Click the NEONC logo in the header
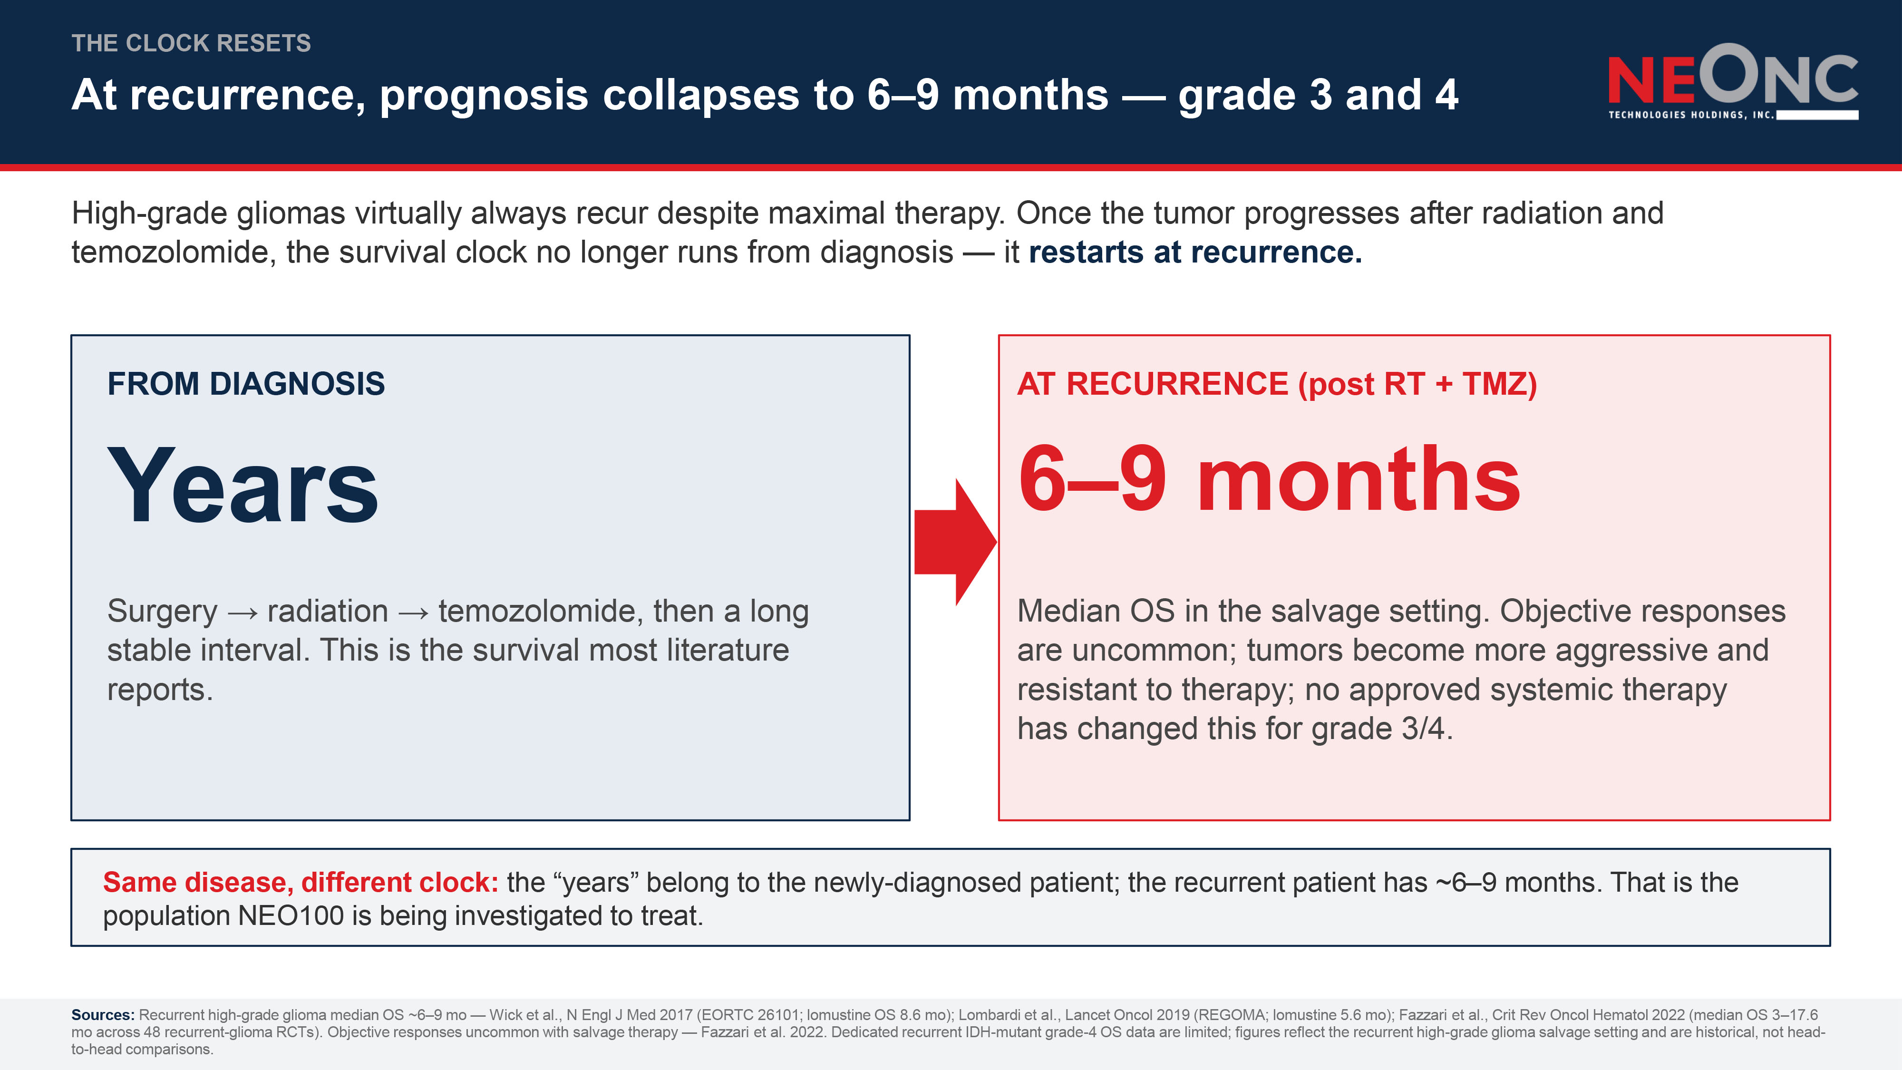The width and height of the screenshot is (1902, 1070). coord(1733,81)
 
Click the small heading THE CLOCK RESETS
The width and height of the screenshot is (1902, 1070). coord(191,43)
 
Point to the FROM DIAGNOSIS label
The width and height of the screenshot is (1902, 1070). coord(246,384)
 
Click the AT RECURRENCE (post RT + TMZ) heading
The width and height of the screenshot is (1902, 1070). coord(1277,384)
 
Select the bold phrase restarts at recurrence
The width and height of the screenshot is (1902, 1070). coord(1195,253)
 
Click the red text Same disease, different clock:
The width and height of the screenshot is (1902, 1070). coord(301,883)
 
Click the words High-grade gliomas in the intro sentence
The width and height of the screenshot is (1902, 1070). coord(208,214)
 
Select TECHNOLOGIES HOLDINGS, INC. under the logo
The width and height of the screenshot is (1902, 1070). coord(1691,115)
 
